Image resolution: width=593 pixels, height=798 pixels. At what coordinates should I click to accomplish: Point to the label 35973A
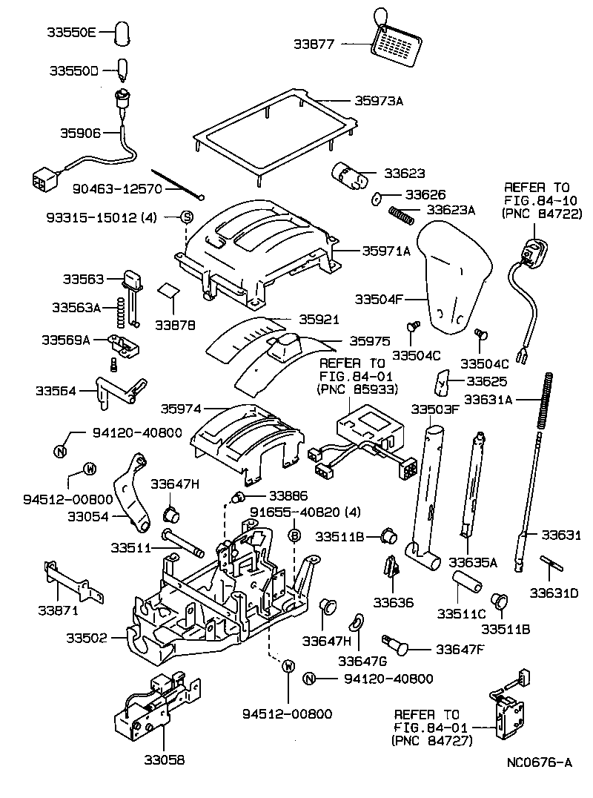pyautogui.click(x=377, y=100)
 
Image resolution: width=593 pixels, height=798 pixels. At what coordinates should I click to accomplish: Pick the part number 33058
pyautogui.click(x=163, y=759)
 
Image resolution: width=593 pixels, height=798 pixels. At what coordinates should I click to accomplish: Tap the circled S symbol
pyautogui.click(x=188, y=217)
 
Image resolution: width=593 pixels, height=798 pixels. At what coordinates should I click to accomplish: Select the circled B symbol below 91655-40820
pyautogui.click(x=294, y=535)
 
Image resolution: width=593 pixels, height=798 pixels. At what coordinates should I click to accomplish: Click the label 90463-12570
pyautogui.click(x=116, y=189)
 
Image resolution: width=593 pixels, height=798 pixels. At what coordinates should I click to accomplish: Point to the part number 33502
pyautogui.click(x=86, y=638)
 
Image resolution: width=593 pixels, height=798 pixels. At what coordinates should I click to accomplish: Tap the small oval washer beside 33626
pyautogui.click(x=376, y=198)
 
